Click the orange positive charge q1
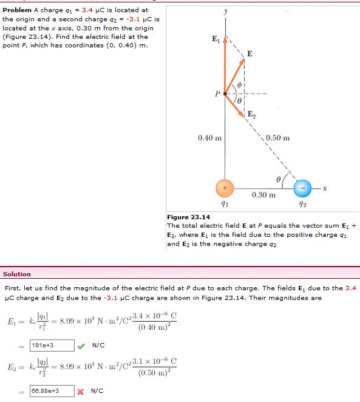tap(226, 188)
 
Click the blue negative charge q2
tap(301, 188)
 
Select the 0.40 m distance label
tap(209, 138)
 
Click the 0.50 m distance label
tap(278, 138)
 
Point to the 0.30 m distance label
tap(263, 195)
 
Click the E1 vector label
tap(216, 40)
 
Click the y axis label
tap(225, 10)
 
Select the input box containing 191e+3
tap(52, 345)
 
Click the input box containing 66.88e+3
tap(52, 390)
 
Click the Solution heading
tap(17, 274)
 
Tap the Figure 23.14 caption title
tap(188, 217)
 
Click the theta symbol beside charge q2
tap(279, 179)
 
